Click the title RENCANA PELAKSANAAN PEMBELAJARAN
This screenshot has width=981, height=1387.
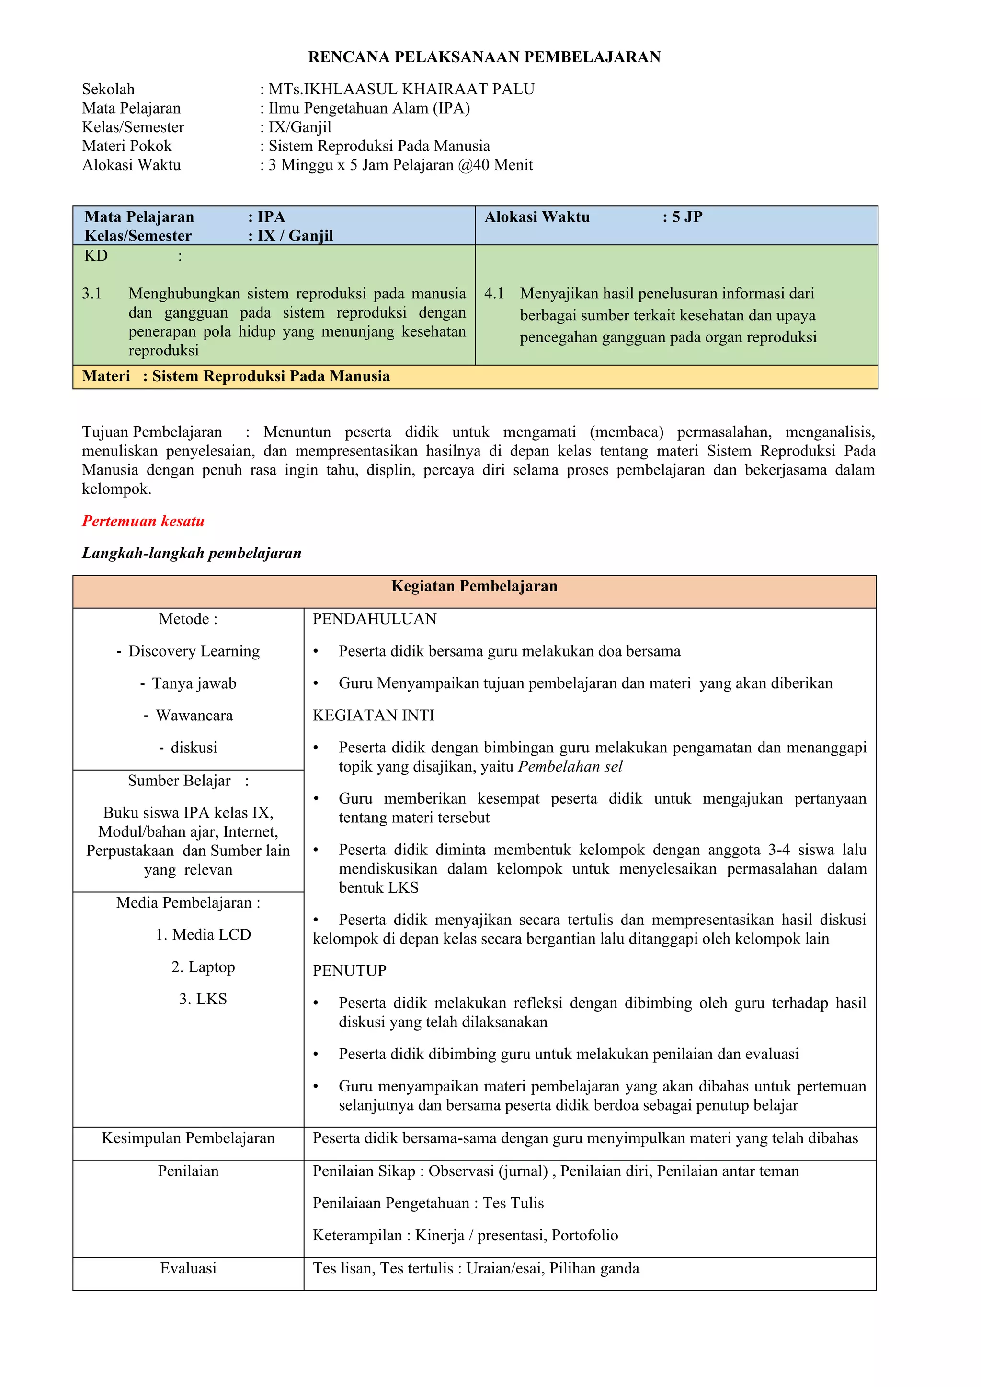484,57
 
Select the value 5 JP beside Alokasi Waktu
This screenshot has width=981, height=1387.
687,217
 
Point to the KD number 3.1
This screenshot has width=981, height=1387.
92,294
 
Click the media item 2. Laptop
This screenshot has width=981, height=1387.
203,966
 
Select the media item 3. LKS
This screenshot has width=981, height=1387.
203,999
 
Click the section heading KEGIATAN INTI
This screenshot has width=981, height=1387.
373,715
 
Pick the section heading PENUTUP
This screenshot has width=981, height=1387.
349,970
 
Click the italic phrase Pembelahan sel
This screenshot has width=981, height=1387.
570,767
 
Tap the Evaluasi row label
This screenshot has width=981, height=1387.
188,1268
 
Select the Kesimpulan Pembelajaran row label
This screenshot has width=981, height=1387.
188,1138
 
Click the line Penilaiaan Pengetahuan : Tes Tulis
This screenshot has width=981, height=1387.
428,1203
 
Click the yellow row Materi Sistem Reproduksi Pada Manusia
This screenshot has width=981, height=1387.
236,376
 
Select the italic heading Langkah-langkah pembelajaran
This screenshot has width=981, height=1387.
192,553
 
